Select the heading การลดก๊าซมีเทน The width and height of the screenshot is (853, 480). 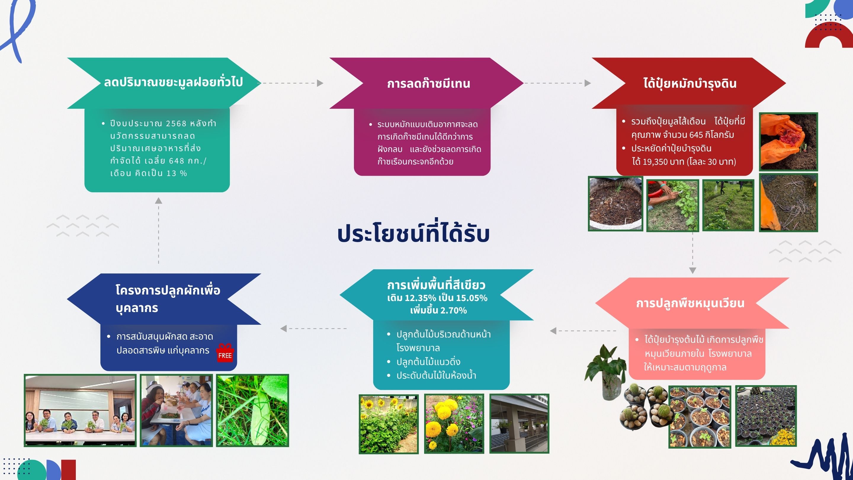coord(429,83)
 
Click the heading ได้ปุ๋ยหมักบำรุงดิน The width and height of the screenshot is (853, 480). coord(690,83)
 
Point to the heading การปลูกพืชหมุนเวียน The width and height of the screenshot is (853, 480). coord(690,303)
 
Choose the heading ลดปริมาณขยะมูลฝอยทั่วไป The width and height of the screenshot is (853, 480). coord(173,82)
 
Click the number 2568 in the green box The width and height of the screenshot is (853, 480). coord(176,123)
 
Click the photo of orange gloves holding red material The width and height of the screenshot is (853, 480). coord(788,142)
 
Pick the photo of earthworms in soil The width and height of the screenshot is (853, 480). coord(788,202)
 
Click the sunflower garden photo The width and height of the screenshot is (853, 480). coord(389,424)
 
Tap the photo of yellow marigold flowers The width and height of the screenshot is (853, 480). coord(454,424)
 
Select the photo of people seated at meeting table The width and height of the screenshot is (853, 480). coord(80,410)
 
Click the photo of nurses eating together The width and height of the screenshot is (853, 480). coord(176,410)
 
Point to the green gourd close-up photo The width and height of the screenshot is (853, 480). coord(252,410)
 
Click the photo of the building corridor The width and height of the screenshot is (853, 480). coord(519,424)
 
